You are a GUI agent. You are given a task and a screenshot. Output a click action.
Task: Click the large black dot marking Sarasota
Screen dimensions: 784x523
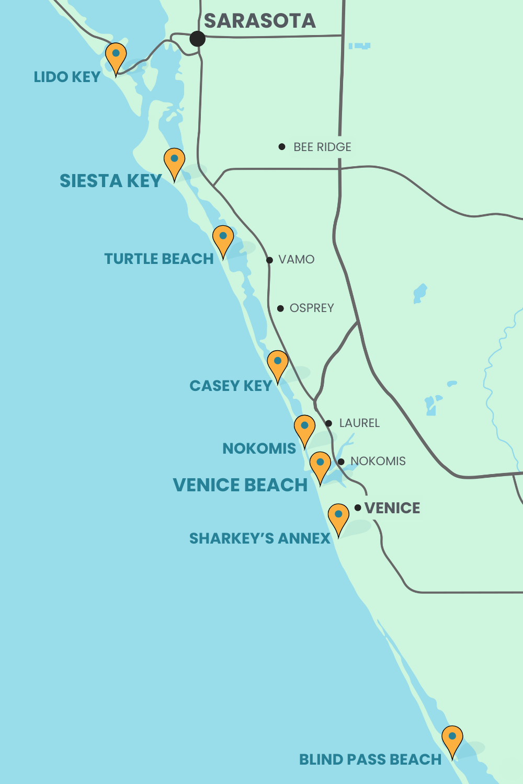(197, 39)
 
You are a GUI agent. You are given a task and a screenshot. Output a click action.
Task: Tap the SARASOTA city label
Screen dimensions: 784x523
(259, 21)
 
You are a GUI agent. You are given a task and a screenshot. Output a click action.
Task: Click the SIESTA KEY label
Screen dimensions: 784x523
(110, 181)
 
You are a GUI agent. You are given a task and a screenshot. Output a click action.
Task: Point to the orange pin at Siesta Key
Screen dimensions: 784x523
(174, 161)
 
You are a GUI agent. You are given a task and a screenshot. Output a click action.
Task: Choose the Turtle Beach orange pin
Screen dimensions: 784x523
(223, 238)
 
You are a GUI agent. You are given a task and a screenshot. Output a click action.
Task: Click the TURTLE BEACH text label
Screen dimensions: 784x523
(159, 259)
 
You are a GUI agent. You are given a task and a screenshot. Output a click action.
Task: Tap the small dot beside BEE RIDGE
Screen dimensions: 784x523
(282, 147)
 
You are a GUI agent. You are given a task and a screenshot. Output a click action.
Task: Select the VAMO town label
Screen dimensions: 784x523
(296, 260)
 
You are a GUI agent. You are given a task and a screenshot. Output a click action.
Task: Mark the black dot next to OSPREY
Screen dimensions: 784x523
(280, 308)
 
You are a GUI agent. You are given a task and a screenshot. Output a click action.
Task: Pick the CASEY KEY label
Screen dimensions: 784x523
(231, 386)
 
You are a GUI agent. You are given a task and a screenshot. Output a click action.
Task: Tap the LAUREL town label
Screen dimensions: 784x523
(359, 423)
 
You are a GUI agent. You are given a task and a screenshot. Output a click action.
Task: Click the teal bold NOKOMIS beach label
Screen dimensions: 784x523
(259, 448)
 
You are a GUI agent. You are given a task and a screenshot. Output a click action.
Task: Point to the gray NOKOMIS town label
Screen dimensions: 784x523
(378, 461)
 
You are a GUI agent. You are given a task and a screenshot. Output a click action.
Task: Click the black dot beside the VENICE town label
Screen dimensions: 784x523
(358, 508)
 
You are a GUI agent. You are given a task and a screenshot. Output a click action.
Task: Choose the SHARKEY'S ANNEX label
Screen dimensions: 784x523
(259, 538)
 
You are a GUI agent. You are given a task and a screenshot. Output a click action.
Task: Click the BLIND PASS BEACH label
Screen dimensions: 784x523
(370, 759)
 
